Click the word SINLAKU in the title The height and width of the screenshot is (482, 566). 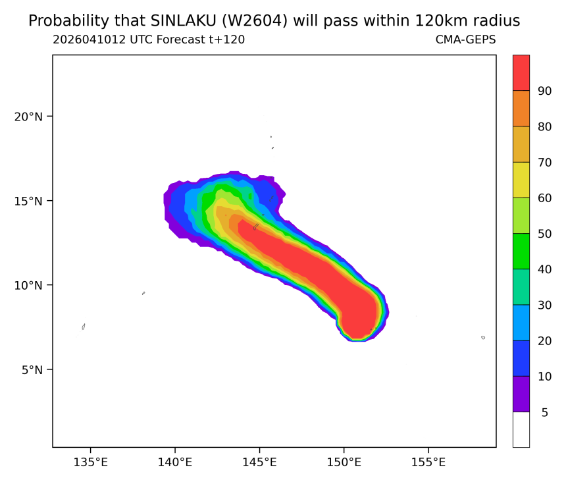pyautogui.click(x=183, y=21)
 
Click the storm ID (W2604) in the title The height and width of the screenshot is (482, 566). pyautogui.click(x=255, y=21)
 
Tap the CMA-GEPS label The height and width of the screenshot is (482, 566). pyautogui.click(x=466, y=40)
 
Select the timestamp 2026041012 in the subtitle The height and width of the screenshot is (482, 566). pyautogui.click(x=90, y=40)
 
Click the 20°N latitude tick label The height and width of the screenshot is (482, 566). pyautogui.click(x=28, y=117)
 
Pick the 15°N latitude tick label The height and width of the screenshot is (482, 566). pyautogui.click(x=28, y=201)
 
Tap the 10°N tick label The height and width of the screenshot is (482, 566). pyautogui.click(x=28, y=286)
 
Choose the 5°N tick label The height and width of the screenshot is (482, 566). pyautogui.click(x=32, y=370)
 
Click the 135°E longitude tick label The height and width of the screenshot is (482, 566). pyautogui.click(x=91, y=462)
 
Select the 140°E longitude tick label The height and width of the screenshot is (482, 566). pyautogui.click(x=175, y=462)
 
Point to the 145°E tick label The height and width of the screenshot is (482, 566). pyautogui.click(x=259, y=462)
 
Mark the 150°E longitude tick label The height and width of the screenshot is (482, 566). pyautogui.click(x=344, y=462)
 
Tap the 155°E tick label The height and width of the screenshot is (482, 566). pyautogui.click(x=428, y=462)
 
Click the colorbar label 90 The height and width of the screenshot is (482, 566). pyautogui.click(x=545, y=91)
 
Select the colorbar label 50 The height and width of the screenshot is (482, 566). pyautogui.click(x=545, y=234)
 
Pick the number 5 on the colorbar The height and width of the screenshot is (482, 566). pyautogui.click(x=545, y=412)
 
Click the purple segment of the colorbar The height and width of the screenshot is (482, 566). pyautogui.click(x=521, y=394)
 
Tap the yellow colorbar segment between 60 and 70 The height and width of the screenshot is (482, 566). pyautogui.click(x=521, y=180)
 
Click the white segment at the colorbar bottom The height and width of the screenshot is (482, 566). pyautogui.click(x=521, y=429)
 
